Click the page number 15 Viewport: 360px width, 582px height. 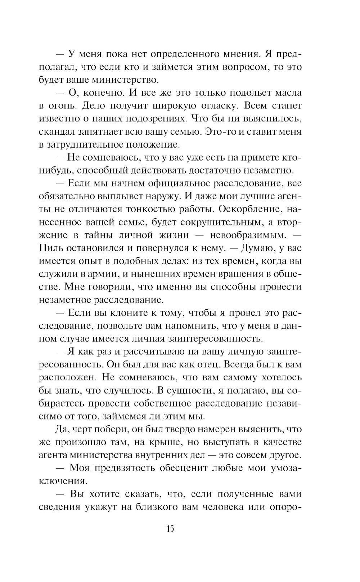170,529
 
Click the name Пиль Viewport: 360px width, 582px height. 49,248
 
